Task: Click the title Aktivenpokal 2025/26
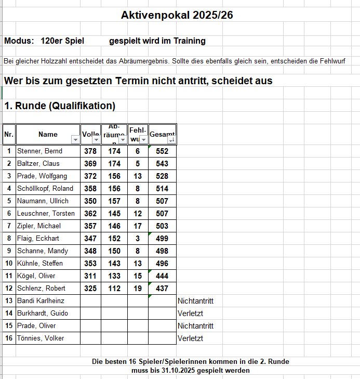click(177, 15)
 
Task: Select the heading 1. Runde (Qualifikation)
click(60, 106)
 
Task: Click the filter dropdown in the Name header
click(75, 139)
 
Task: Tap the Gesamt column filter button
click(172, 139)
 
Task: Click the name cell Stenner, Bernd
click(39, 151)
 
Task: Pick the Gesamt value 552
click(162, 151)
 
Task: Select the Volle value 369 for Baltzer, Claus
click(90, 164)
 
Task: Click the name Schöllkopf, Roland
click(45, 189)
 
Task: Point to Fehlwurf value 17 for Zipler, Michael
click(138, 226)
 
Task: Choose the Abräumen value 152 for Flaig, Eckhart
click(114, 239)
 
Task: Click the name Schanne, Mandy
click(43, 251)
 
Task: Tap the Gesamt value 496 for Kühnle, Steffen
click(162, 264)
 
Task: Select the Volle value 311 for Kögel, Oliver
click(90, 276)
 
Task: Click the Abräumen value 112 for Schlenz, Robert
click(114, 289)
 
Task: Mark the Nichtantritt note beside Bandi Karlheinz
click(195, 301)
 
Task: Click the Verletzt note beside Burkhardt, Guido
click(190, 313)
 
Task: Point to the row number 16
click(9, 338)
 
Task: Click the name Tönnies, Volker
click(41, 338)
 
